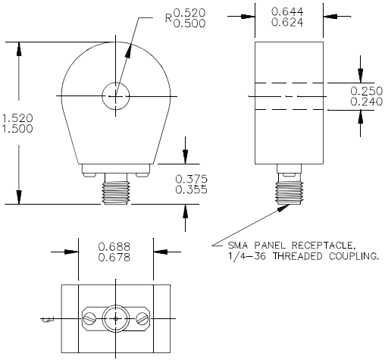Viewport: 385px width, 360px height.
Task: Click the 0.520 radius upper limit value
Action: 189,12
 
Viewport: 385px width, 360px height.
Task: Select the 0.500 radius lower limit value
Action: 189,23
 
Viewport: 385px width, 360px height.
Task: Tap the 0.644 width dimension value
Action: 287,11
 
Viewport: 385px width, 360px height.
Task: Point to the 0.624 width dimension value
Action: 287,22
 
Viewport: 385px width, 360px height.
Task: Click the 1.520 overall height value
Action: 17,118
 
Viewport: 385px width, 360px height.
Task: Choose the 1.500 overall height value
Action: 17,129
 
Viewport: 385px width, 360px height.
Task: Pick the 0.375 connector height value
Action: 191,179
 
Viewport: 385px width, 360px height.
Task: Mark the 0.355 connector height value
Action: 191,189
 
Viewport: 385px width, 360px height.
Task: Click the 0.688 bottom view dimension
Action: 114,246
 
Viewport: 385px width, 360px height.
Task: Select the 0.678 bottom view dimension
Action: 114,258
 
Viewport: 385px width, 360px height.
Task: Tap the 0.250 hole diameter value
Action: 367,91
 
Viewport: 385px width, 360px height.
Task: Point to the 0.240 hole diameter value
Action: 367,102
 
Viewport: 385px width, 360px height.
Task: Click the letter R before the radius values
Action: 168,18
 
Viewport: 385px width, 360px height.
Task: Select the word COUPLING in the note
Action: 354,256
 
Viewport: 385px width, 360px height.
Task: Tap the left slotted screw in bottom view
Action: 89,319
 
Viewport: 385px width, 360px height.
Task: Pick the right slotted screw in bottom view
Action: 142,319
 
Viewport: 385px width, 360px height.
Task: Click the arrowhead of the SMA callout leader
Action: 283,208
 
